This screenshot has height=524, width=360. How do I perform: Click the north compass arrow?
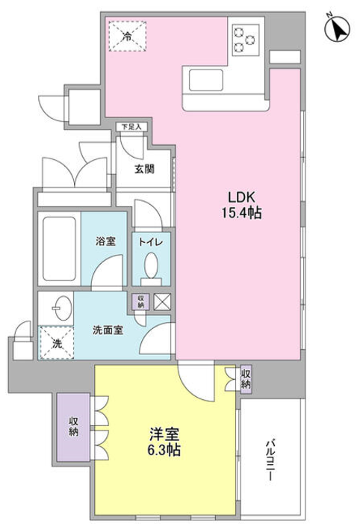338,29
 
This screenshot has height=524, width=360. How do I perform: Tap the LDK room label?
241,197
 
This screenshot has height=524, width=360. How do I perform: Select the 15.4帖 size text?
242,212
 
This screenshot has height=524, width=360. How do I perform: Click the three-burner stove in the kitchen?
246,40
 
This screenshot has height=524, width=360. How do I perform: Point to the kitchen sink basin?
205,80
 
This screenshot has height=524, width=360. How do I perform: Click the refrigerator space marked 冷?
128,36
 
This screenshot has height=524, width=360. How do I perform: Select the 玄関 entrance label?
144,169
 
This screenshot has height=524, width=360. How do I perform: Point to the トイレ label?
151,242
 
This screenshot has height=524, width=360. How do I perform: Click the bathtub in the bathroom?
59,249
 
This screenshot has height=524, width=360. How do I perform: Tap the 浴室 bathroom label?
105,241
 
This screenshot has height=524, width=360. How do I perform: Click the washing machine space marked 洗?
56,343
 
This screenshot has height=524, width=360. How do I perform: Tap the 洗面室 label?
108,330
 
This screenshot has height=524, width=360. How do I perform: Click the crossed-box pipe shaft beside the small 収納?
162,302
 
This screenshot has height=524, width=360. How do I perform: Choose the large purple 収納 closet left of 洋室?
73,427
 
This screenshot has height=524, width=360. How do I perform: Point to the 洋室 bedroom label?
164,434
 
